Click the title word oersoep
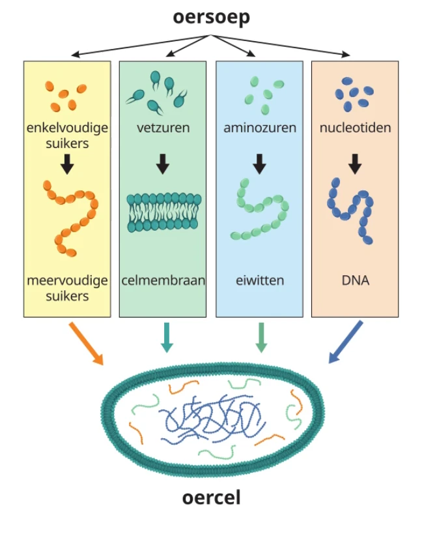pyautogui.click(x=212, y=18)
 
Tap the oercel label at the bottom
pyautogui.click(x=211, y=499)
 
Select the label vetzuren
pyautogui.click(x=163, y=127)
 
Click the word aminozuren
pyautogui.click(x=259, y=127)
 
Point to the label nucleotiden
pyautogui.click(x=355, y=127)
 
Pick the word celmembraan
pyautogui.click(x=163, y=281)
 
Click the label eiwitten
pyautogui.click(x=259, y=281)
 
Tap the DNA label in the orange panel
pyautogui.click(x=355, y=281)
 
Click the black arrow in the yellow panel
pyautogui.click(x=66, y=164)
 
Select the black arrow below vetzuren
pyautogui.click(x=163, y=164)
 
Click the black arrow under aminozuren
pyautogui.click(x=259, y=164)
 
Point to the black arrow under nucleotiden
pyautogui.click(x=355, y=164)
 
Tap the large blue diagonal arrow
pyautogui.click(x=345, y=341)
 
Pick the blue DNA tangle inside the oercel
pyautogui.click(x=208, y=417)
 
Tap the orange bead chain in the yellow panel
pyautogui.click(x=72, y=215)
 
